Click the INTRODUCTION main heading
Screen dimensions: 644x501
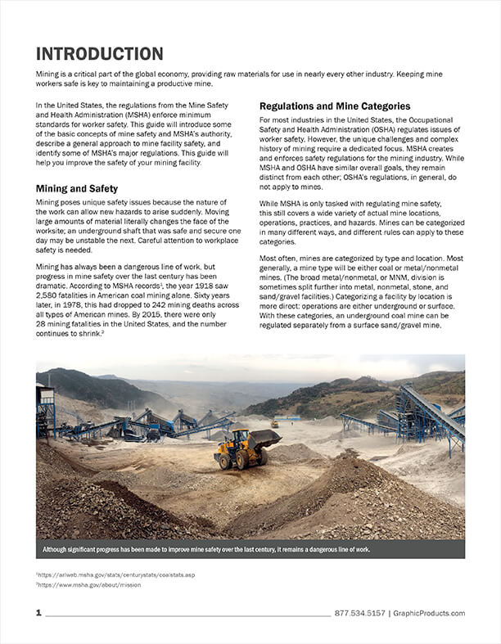pos(99,54)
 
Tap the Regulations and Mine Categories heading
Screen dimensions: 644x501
pos(335,106)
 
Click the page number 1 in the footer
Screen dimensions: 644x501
pos(38,613)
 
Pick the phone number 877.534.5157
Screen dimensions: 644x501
pos(359,613)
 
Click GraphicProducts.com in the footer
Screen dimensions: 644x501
pos(428,613)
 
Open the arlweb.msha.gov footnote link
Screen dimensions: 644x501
pos(118,575)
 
